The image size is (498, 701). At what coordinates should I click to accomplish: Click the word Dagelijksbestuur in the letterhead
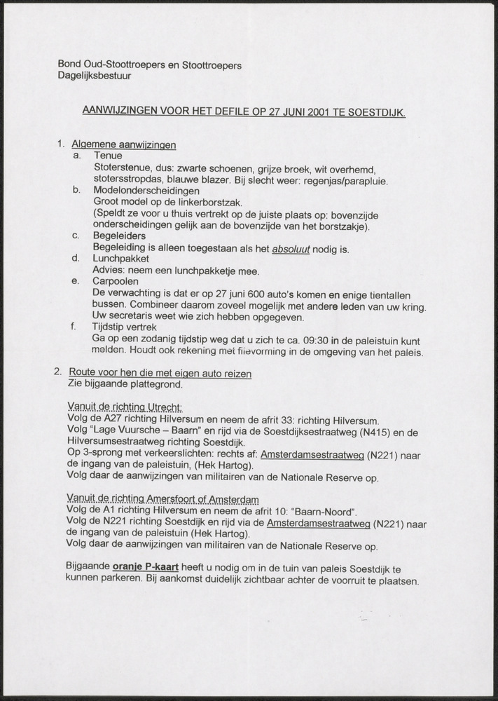coord(94,76)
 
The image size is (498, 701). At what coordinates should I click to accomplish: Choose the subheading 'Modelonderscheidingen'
coord(146,191)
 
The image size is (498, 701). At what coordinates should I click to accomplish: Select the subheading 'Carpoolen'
coord(116,282)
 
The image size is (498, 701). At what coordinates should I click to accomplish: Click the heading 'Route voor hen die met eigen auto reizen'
coord(160,373)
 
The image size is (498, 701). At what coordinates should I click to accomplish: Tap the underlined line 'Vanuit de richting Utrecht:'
coord(125,407)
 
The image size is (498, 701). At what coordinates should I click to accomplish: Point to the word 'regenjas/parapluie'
coord(345,180)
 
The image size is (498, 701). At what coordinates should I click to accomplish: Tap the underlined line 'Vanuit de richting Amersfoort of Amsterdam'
coord(162,498)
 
